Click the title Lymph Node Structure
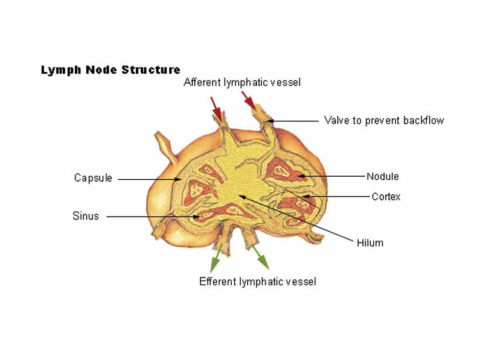coord(110,70)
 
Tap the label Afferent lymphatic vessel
coord(241,82)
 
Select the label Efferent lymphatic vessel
coord(257,282)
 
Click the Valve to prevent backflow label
coord(383,120)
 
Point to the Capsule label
coord(93,178)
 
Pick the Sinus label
coord(86,216)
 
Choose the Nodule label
coord(382,177)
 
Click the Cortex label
coord(386,197)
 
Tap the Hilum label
coord(370,243)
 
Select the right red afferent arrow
coord(248,100)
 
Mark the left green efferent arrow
coord(214,261)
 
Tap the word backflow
coord(424,120)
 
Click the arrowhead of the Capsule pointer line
coord(179,179)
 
